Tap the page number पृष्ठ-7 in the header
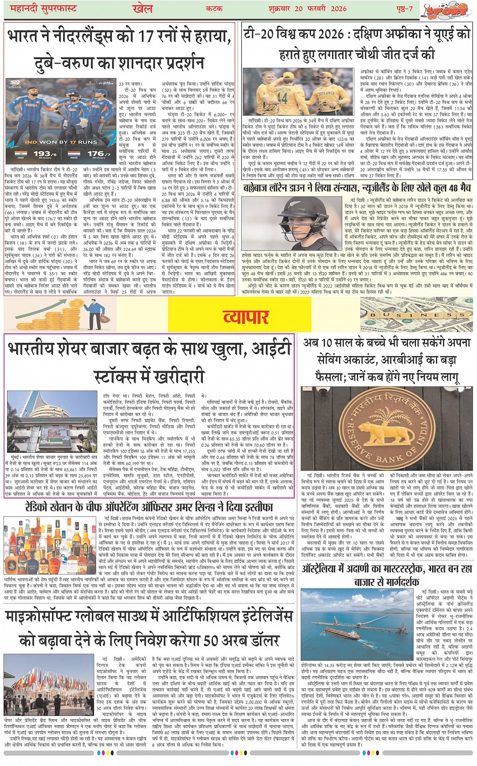[402, 9]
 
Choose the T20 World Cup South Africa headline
[356, 44]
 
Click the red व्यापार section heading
[245, 317]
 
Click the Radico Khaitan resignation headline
[149, 506]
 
